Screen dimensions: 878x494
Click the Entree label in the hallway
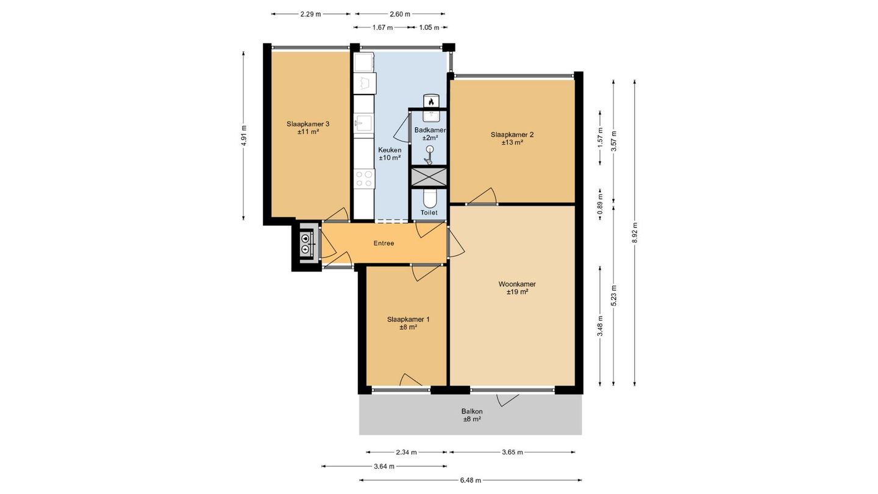384,243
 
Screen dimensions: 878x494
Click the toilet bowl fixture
429,199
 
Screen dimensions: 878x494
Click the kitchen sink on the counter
363,123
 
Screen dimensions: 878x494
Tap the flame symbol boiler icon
431,101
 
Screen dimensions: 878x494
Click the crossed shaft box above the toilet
429,177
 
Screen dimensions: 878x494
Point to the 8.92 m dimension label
635,233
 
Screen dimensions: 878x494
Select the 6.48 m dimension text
470,480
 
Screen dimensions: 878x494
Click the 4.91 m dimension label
244,135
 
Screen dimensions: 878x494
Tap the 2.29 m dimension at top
310,14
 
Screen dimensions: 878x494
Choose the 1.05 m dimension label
429,27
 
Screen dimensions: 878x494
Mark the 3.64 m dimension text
384,466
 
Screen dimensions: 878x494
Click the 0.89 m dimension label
600,204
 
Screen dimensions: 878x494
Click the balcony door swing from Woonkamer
507,400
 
